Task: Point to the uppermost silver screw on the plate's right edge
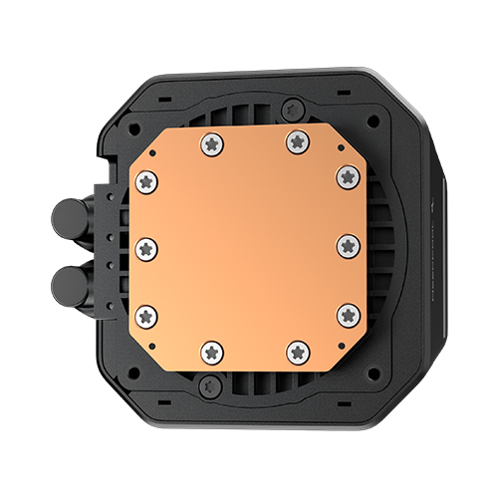(347, 175)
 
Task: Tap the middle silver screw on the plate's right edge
(348, 245)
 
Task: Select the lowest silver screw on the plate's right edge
(348, 314)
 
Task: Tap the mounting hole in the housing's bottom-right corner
(368, 366)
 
